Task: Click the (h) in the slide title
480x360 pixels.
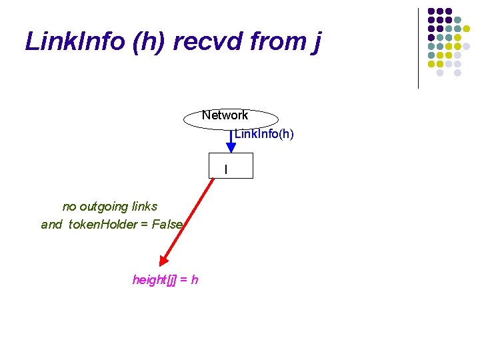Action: coord(151,41)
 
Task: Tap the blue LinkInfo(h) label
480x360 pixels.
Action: coord(264,134)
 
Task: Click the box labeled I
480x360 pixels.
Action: coord(231,166)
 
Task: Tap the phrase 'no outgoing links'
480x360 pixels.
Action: coord(110,206)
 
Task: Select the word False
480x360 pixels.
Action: coord(167,225)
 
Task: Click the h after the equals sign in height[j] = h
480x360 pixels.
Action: coord(194,279)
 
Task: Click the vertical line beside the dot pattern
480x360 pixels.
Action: coord(418,48)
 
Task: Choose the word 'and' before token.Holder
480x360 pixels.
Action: coord(51,225)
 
